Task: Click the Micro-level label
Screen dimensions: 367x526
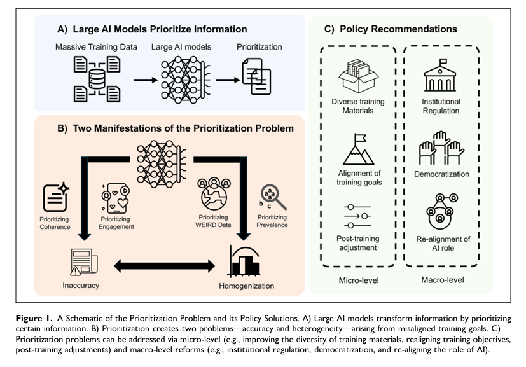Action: pos(359,279)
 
